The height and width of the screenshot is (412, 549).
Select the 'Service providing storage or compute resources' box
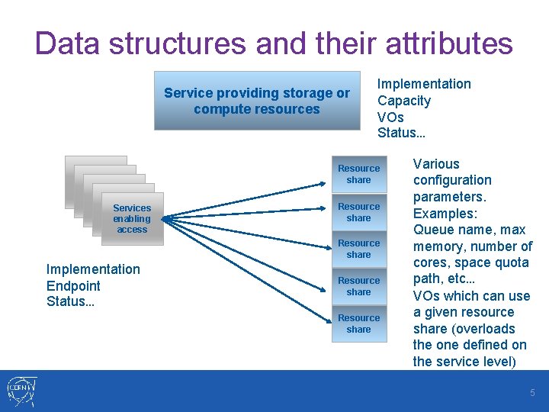point(257,101)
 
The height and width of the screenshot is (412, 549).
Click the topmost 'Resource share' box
point(358,174)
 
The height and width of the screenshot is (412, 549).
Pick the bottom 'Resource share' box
point(358,323)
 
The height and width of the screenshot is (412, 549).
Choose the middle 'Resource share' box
point(358,249)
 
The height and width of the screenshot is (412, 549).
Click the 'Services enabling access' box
point(132,219)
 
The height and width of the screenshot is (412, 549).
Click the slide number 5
point(533,392)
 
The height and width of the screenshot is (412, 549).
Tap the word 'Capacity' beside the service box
point(404,101)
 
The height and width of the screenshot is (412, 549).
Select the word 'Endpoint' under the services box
point(73,286)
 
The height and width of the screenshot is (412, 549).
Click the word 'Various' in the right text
point(436,164)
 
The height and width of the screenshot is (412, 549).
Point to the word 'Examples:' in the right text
point(445,214)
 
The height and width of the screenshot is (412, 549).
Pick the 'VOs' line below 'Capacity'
point(390,117)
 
